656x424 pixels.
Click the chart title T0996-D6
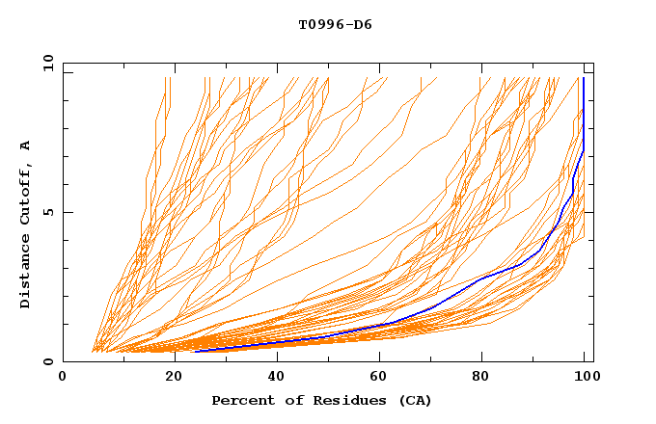[335, 25]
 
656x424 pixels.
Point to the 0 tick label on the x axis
[63, 378]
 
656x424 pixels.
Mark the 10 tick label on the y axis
[46, 63]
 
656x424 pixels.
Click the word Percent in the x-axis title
[240, 401]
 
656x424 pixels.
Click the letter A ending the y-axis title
[25, 146]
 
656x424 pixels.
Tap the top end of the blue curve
[584, 78]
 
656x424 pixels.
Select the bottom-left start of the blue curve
[195, 352]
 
